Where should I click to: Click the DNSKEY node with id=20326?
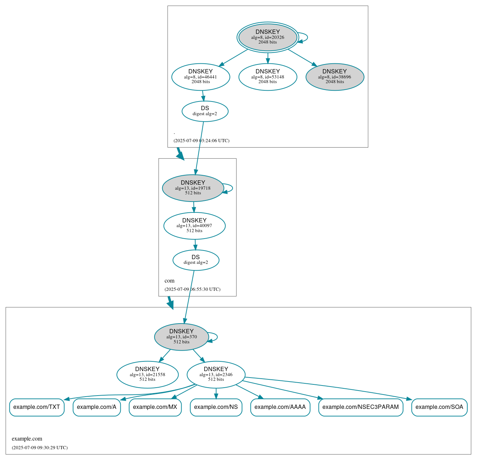[267, 37]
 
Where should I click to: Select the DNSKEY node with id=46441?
[201, 77]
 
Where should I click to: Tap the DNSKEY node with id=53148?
[267, 77]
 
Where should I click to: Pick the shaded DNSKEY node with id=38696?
[335, 77]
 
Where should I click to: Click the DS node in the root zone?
[205, 111]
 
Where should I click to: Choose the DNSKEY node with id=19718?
[193, 188]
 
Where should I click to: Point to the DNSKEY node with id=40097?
[194, 226]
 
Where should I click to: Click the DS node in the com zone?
[196, 260]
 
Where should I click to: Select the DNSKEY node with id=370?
[182, 337]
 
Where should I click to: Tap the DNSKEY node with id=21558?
[147, 375]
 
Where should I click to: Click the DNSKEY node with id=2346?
[216, 375]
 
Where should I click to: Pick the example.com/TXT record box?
[37, 407]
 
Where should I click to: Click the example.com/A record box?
[97, 407]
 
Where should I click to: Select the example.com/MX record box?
[155, 407]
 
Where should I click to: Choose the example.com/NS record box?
[216, 407]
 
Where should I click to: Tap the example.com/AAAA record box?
[280, 407]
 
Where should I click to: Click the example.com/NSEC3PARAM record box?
[361, 407]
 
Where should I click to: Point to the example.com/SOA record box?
[439, 407]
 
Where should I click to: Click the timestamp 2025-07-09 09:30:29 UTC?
[40, 448]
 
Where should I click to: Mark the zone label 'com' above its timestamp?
[169, 281]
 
